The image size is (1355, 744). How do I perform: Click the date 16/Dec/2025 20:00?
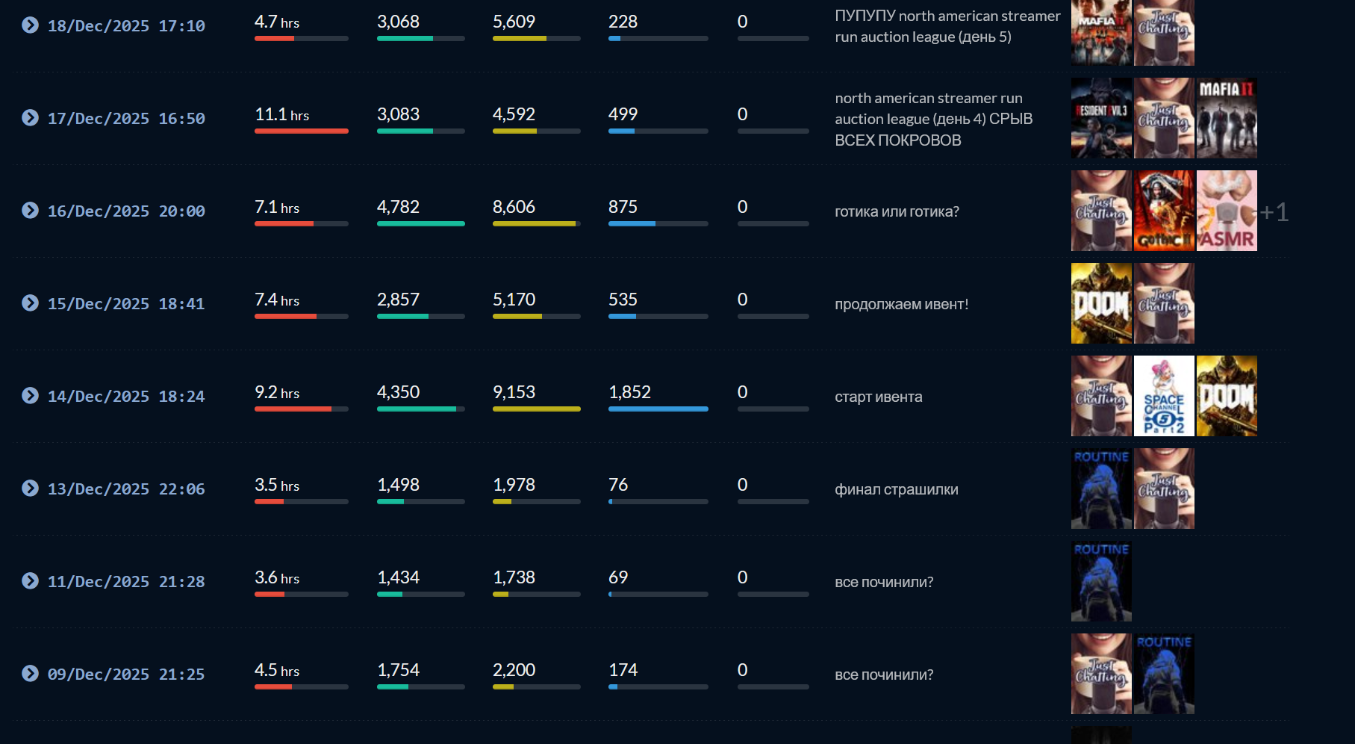click(x=126, y=211)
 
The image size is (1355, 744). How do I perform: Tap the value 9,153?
click(x=514, y=392)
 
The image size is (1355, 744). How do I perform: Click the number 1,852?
click(x=629, y=392)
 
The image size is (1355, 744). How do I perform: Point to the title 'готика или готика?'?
click(x=897, y=211)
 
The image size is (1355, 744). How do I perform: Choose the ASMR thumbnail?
click(x=1227, y=211)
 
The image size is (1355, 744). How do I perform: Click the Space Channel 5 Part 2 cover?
click(x=1164, y=396)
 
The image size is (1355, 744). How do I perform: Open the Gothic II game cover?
click(x=1164, y=211)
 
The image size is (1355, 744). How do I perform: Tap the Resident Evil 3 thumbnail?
click(x=1101, y=118)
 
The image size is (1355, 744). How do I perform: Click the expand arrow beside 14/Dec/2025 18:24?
click(x=30, y=396)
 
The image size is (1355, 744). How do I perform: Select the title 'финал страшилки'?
click(x=896, y=489)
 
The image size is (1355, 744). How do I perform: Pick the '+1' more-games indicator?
click(x=1274, y=212)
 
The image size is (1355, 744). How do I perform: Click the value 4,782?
click(x=398, y=207)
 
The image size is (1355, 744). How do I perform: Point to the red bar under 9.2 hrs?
click(x=293, y=409)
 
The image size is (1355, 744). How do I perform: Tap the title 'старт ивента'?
click(x=878, y=397)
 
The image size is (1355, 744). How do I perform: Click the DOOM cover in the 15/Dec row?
click(x=1101, y=303)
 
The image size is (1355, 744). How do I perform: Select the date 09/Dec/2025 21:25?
click(x=126, y=675)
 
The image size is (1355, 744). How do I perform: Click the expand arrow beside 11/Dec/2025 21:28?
click(x=30, y=581)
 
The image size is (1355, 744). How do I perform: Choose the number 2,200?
click(x=514, y=670)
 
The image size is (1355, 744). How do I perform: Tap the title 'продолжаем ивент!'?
click(x=901, y=304)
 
